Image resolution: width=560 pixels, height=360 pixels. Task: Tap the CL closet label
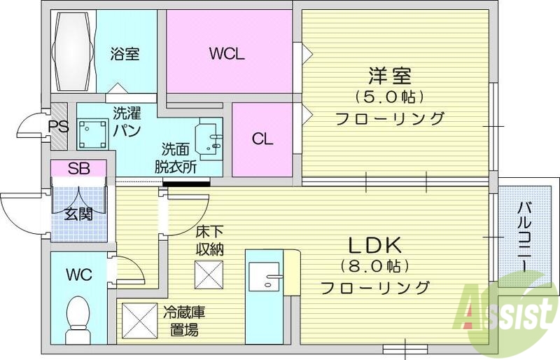click(x=262, y=139)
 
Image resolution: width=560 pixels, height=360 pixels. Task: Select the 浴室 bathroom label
click(x=126, y=53)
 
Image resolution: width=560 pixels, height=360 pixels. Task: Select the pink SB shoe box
click(x=78, y=168)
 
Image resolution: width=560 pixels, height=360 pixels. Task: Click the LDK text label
click(x=374, y=245)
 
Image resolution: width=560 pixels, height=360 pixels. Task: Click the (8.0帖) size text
click(x=374, y=266)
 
